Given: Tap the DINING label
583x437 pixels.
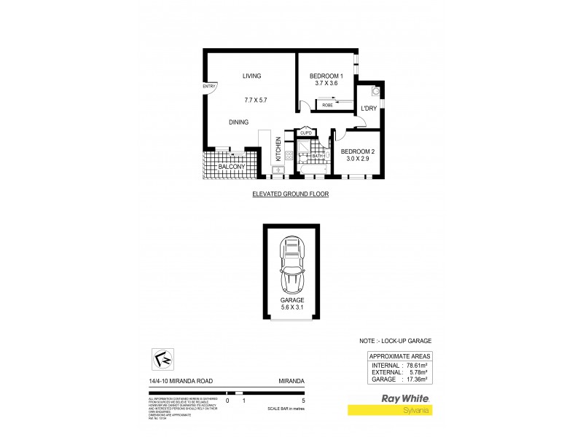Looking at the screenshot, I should (238, 122).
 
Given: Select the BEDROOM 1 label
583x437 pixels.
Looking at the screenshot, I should (326, 76).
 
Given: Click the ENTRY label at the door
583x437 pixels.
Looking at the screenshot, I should (209, 87).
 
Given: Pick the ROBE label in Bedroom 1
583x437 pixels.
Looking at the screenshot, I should (327, 106).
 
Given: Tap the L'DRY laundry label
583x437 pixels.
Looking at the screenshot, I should (368, 109).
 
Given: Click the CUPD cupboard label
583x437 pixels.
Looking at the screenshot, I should (305, 133).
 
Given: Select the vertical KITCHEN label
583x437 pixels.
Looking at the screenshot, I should (278, 151).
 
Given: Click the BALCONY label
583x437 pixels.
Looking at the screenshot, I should (232, 168).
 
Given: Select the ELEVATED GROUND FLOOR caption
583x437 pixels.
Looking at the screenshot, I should (291, 194).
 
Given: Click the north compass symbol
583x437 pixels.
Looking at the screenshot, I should (163, 359).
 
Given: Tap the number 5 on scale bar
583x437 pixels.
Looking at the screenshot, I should (302, 401).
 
